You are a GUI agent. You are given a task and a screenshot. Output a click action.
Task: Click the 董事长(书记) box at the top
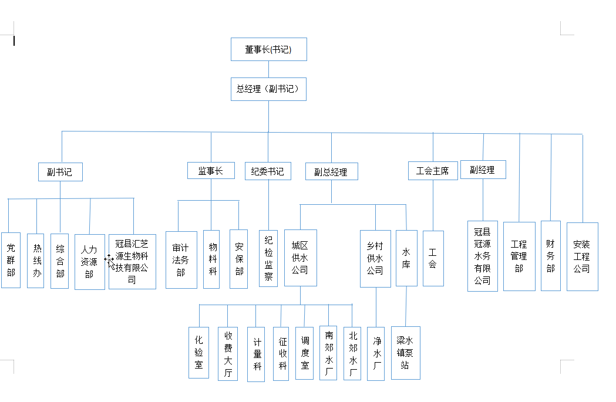[x=269, y=49]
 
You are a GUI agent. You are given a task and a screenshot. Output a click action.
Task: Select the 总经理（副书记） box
[x=269, y=89]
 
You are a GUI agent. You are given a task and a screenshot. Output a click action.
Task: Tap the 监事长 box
[x=211, y=171]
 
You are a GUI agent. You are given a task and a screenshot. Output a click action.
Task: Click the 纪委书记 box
[x=268, y=171]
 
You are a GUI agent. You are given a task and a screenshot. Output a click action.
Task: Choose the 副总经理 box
[x=332, y=171]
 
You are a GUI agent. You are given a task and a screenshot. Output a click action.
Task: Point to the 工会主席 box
[x=433, y=171]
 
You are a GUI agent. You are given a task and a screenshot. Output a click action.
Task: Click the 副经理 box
[x=483, y=170]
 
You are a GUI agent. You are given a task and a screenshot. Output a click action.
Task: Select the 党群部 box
[x=11, y=261]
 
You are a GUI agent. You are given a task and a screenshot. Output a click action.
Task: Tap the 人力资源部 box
[x=90, y=262]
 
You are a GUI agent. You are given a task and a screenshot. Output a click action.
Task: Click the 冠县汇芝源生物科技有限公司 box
[x=132, y=262]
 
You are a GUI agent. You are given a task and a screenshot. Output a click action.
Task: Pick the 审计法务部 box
[x=181, y=260]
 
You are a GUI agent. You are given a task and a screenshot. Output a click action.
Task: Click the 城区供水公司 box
[x=301, y=258]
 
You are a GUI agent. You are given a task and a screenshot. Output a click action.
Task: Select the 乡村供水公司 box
[x=376, y=259]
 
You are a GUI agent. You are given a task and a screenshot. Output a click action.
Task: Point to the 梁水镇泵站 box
[x=406, y=353]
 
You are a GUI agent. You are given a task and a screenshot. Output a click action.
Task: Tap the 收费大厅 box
[x=228, y=354]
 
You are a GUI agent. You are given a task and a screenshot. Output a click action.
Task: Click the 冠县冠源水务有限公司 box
[x=483, y=256]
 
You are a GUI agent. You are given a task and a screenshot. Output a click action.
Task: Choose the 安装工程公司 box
[x=583, y=256]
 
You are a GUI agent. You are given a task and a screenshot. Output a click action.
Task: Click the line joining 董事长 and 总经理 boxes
[x=269, y=69]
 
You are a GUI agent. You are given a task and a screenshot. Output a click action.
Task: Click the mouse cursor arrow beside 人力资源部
[x=110, y=262]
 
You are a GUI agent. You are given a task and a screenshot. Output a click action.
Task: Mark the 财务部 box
[x=551, y=256]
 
